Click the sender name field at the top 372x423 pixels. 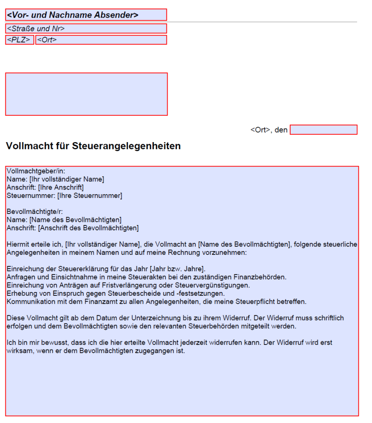[x=86, y=15]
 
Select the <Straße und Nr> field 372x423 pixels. [x=86, y=29]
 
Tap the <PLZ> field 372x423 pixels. [x=19, y=40]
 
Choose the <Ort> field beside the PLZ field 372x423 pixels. [x=101, y=40]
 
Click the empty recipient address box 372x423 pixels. [x=86, y=94]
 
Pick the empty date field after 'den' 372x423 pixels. [x=323, y=130]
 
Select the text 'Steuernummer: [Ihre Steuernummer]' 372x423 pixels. [x=64, y=195]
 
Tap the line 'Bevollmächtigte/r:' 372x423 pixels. [x=35, y=211]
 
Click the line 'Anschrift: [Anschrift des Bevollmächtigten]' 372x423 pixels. [x=73, y=228]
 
